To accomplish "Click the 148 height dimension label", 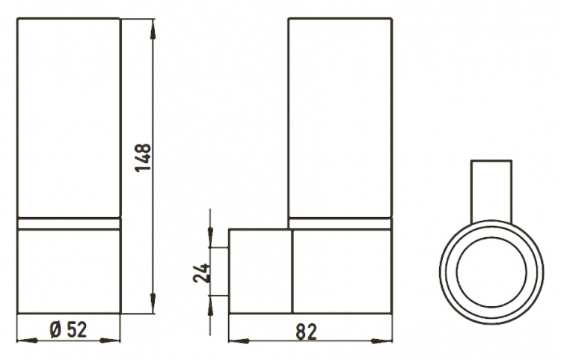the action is pos(143,158).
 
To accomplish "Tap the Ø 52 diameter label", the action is pos(68,329).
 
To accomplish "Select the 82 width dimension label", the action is pos(307,332).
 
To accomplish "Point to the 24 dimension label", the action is pos(201,273).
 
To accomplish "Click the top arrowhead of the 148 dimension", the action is pos(153,29).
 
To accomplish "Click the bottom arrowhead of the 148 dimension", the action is pos(153,302).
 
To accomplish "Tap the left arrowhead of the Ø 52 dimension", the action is pos(28,341).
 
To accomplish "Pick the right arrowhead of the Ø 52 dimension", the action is pos(109,341).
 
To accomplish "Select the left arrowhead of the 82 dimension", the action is pos(239,341).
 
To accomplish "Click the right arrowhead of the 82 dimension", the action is pos(381,341).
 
